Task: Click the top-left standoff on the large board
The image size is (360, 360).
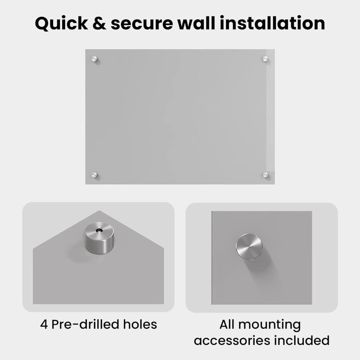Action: (x=94, y=59)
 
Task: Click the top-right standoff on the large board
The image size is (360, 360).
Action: (x=265, y=59)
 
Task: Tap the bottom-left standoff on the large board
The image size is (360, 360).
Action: (x=94, y=175)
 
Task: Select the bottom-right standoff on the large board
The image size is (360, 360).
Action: (x=265, y=175)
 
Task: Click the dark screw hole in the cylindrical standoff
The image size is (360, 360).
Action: (x=99, y=230)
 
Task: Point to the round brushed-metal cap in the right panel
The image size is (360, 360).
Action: (x=249, y=247)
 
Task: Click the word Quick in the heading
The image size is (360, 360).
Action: (x=61, y=24)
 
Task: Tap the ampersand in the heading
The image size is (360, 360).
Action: (x=99, y=24)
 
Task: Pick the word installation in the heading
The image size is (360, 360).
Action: (x=272, y=23)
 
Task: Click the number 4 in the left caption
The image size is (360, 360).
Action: (x=44, y=324)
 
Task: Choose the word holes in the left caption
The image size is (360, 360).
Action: (x=140, y=324)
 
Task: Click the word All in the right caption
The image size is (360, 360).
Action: (x=227, y=324)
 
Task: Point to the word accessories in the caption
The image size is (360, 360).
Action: (x=232, y=341)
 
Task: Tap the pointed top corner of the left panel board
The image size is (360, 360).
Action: (x=99, y=211)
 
